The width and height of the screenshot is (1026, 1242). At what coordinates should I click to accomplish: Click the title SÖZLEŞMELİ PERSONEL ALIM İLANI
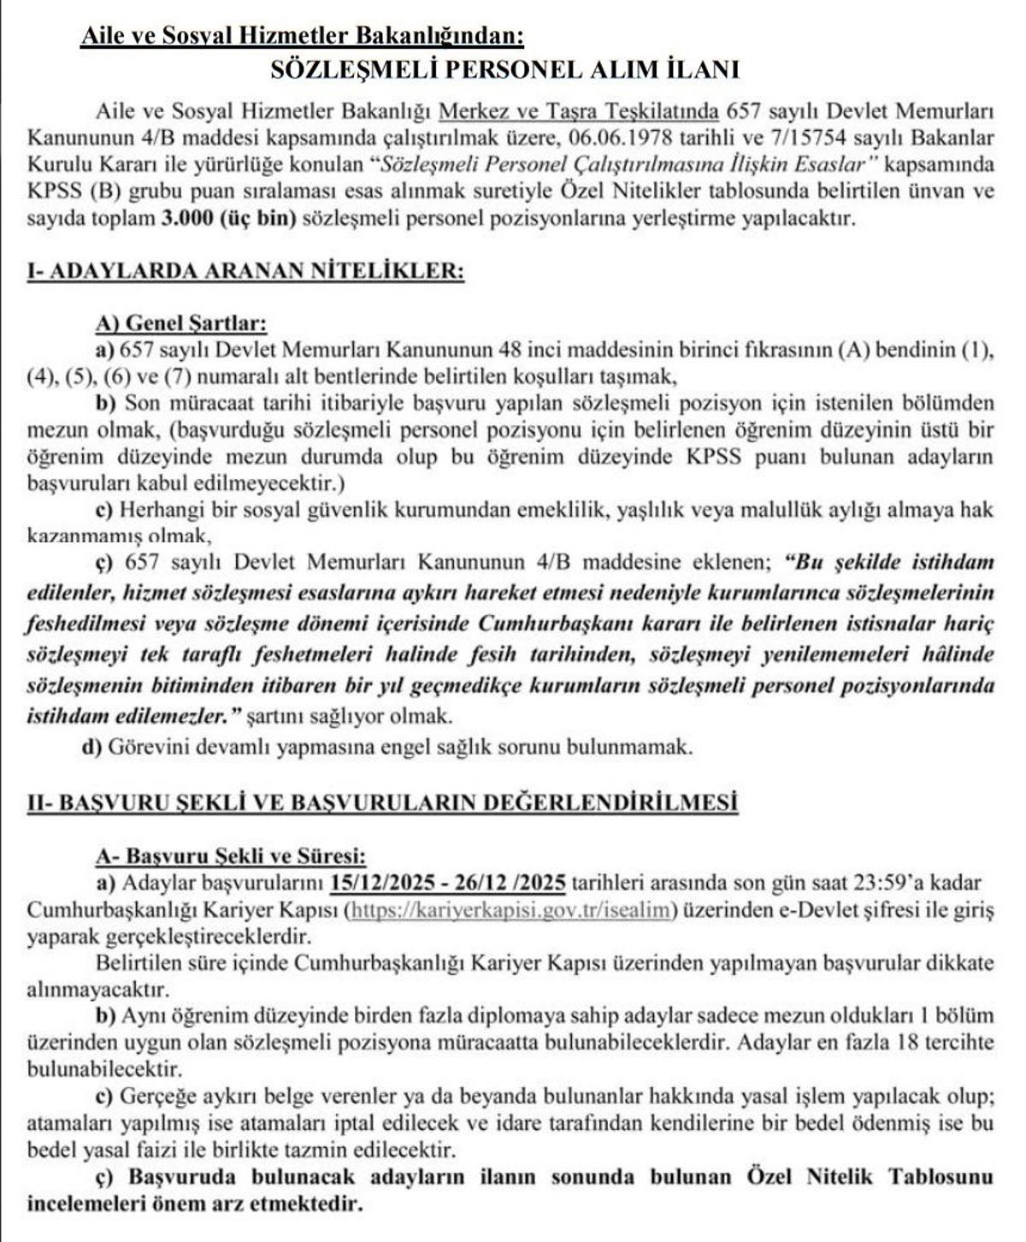tap(504, 69)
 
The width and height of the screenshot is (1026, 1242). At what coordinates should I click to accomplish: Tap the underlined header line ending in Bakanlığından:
tap(302, 36)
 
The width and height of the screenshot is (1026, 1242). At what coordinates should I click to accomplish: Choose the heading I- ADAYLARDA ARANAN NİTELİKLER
tap(245, 271)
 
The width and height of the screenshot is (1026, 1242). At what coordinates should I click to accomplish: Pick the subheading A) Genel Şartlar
tap(182, 324)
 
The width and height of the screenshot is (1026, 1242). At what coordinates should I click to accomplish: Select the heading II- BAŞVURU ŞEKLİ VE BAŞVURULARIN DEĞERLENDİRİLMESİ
tap(382, 801)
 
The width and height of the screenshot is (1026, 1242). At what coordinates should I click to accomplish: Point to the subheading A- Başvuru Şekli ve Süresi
tap(232, 855)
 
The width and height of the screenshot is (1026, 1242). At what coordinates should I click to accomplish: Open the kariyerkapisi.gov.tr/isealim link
tap(510, 910)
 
